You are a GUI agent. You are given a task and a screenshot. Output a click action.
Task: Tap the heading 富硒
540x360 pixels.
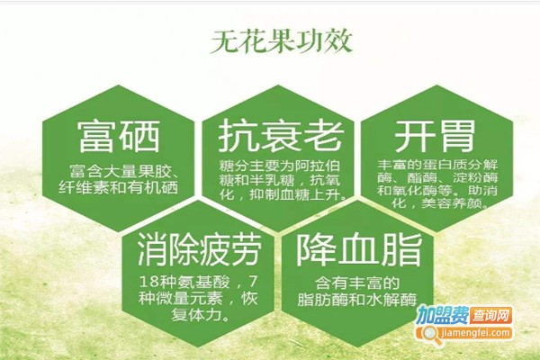click(x=119, y=138)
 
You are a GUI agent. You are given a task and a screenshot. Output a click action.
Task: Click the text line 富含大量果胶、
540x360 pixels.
click(x=126, y=171)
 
